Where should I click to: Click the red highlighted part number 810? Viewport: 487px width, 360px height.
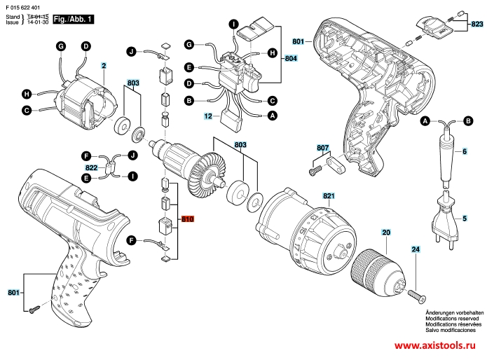pyautogui.click(x=187, y=219)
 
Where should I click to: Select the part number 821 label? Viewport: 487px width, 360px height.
pyautogui.click(x=329, y=195)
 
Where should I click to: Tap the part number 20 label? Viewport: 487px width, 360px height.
pyautogui.click(x=386, y=232)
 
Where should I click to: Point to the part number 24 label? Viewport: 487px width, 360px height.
pyautogui.click(x=415, y=249)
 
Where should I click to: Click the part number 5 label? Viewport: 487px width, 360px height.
pyautogui.click(x=464, y=219)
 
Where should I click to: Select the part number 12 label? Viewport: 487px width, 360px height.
pyautogui.click(x=208, y=116)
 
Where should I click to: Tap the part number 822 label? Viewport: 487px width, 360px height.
pyautogui.click(x=92, y=167)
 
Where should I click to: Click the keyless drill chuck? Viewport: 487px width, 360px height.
pyautogui.click(x=376, y=269)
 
